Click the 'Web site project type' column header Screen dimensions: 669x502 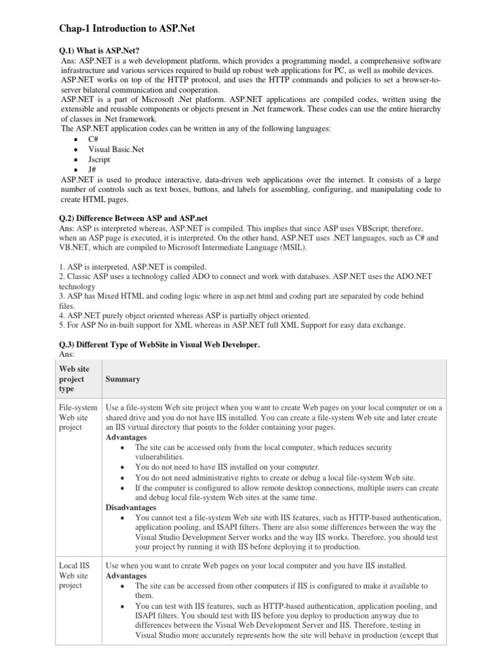(75, 379)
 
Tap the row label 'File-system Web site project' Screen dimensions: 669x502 (78, 417)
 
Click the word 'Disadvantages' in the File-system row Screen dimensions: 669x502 (131, 507)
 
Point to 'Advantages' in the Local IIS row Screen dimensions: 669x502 (126, 576)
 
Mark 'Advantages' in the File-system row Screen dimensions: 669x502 (126, 437)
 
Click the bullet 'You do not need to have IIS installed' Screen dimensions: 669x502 (227, 467)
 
